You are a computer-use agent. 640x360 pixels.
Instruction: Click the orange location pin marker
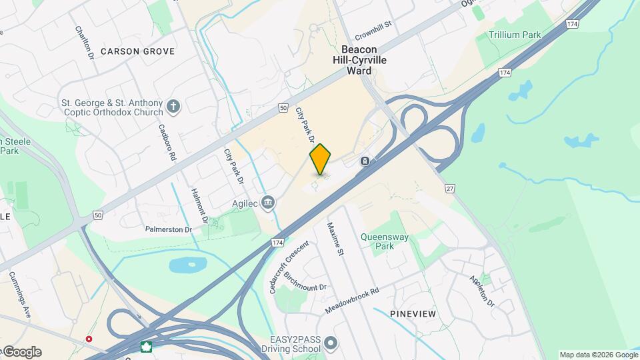[321, 159]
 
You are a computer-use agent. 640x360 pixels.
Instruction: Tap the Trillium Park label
[514, 35]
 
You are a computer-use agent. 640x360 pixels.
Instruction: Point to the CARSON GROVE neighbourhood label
[138, 51]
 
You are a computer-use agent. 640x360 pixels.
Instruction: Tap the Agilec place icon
[268, 202]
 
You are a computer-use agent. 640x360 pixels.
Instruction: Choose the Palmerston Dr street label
[169, 229]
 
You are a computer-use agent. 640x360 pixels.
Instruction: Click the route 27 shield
[450, 189]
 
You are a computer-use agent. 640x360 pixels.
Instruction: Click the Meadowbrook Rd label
[352, 301]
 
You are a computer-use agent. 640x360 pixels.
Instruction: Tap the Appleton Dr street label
[481, 291]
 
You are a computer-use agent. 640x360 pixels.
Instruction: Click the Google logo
[22, 352]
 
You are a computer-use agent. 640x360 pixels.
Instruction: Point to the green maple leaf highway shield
[145, 347]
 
